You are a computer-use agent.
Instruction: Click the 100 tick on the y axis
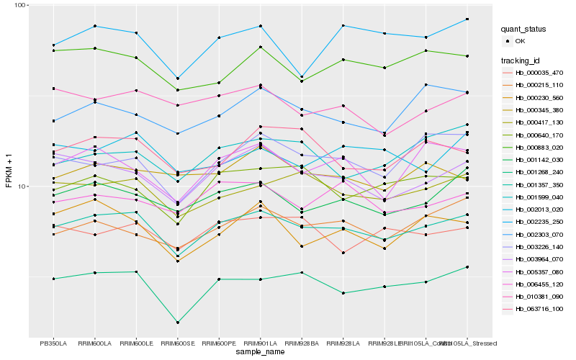point(19,5)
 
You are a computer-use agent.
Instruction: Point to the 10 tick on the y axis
point(22,186)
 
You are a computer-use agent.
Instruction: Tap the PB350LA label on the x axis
point(53,343)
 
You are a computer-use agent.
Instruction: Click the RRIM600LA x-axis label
point(94,343)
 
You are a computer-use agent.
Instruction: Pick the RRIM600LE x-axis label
point(136,343)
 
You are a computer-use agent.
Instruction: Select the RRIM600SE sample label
point(177,343)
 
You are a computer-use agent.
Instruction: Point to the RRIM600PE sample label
point(218,343)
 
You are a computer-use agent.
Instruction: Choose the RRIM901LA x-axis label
point(259,343)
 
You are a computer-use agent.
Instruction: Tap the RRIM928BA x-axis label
point(301,343)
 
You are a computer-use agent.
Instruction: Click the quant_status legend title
point(523,30)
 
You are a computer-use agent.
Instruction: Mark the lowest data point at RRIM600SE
point(177,323)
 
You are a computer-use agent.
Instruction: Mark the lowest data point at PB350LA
point(53,279)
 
